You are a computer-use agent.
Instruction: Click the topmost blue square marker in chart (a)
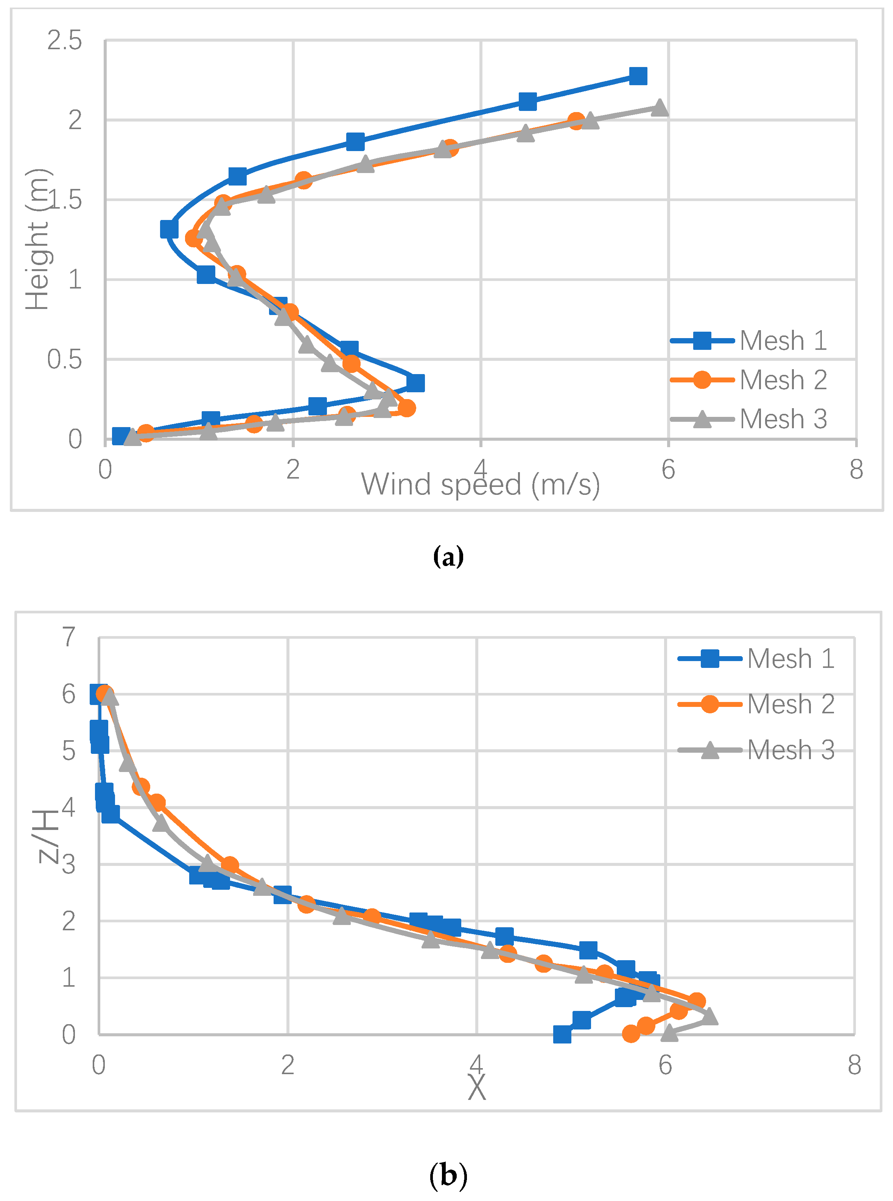click(x=638, y=76)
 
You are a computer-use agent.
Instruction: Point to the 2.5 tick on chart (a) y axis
click(x=64, y=41)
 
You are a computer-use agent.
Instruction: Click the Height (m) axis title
click(x=38, y=240)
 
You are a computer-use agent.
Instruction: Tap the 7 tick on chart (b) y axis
click(x=68, y=637)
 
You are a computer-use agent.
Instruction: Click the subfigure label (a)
click(x=448, y=557)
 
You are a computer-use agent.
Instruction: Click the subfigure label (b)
click(x=448, y=1174)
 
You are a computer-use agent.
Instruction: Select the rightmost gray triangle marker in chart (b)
click(x=709, y=1017)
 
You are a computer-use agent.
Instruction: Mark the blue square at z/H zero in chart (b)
click(x=562, y=1034)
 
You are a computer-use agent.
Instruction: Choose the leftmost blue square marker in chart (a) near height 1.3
click(x=169, y=229)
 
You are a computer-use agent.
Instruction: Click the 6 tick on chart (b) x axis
click(x=665, y=1065)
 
